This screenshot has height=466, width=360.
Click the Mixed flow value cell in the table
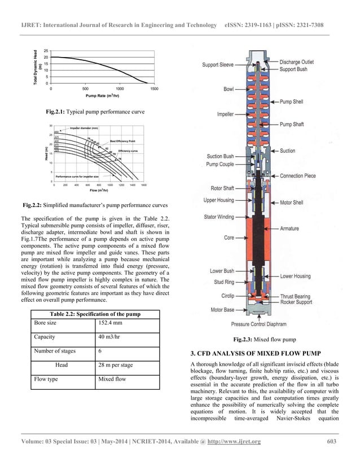tap(113, 379)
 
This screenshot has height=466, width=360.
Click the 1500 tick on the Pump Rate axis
tap(154, 89)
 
